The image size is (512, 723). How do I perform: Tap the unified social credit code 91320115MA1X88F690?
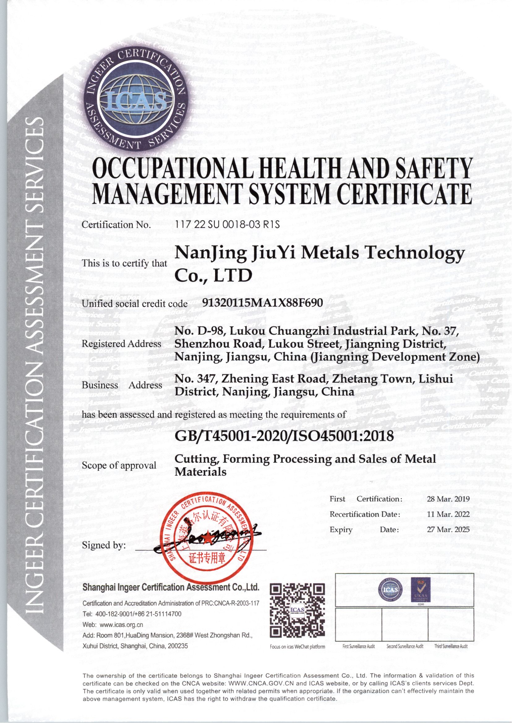click(x=262, y=303)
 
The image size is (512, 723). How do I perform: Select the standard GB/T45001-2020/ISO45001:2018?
click(x=284, y=436)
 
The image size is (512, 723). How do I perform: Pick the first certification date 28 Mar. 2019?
click(x=448, y=499)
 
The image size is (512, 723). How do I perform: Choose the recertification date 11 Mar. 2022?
click(x=448, y=514)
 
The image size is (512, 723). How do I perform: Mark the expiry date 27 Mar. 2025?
click(x=448, y=529)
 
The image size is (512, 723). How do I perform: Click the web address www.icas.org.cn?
click(x=122, y=625)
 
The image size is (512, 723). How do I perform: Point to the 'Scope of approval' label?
click(x=119, y=465)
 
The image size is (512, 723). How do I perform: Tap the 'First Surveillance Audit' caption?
click(x=358, y=646)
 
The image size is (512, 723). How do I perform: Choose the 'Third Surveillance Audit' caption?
click(x=451, y=646)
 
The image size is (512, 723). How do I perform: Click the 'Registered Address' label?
click(x=122, y=344)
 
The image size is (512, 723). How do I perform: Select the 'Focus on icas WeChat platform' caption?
click(x=297, y=647)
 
